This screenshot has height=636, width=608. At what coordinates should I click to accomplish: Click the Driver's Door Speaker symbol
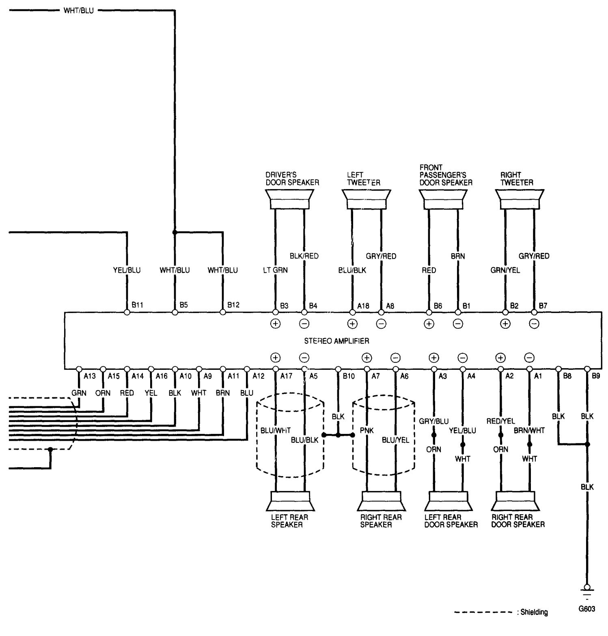[289, 199]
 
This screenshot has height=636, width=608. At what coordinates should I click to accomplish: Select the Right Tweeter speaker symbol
[520, 199]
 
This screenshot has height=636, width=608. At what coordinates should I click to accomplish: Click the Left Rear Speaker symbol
[289, 501]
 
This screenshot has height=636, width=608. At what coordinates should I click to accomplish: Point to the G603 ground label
[587, 609]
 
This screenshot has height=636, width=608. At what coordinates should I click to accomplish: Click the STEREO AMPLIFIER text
[336, 341]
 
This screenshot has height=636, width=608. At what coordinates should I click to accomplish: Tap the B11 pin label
[137, 305]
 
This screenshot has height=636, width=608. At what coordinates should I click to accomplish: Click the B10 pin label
[348, 376]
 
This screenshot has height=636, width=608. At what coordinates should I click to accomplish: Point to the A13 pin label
[89, 376]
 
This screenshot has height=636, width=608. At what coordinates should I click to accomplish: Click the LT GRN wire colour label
[275, 270]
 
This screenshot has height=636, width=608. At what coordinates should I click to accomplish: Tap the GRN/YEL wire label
[505, 270]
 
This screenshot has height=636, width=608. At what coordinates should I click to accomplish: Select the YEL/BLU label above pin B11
[127, 270]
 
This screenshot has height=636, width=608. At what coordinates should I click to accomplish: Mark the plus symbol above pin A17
[275, 358]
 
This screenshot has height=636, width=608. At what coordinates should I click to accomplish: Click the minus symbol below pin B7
[534, 323]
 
